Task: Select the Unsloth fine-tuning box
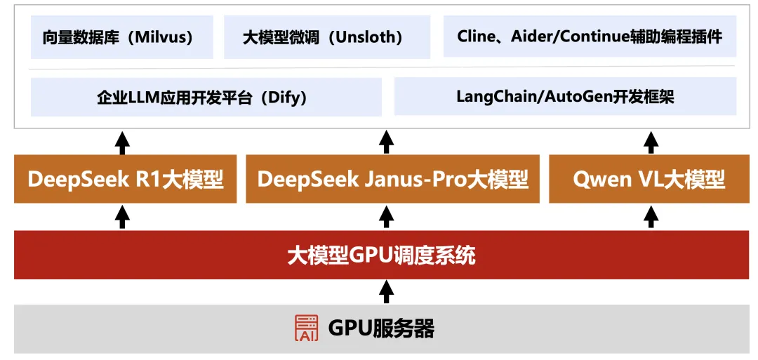pyautogui.click(x=323, y=37)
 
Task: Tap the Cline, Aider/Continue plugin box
pyautogui.click(x=590, y=37)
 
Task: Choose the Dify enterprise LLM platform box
pyautogui.click(x=206, y=97)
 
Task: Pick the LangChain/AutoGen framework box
pyautogui.click(x=565, y=97)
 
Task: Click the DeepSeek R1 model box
pyautogui.click(x=125, y=180)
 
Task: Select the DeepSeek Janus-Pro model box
pyautogui.click(x=392, y=180)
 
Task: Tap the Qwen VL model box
pyautogui.click(x=649, y=180)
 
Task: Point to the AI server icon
pyautogui.click(x=306, y=328)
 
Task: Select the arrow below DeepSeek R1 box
pyautogui.click(x=123, y=216)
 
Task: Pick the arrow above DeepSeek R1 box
pyautogui.click(x=123, y=143)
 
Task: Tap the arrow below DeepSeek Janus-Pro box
pyautogui.click(x=386, y=216)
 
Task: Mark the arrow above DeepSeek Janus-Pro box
pyautogui.click(x=386, y=143)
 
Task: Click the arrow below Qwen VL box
pyautogui.click(x=651, y=216)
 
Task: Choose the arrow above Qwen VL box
pyautogui.click(x=651, y=143)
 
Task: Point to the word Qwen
pyautogui.click(x=601, y=180)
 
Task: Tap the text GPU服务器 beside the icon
pyautogui.click(x=381, y=328)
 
